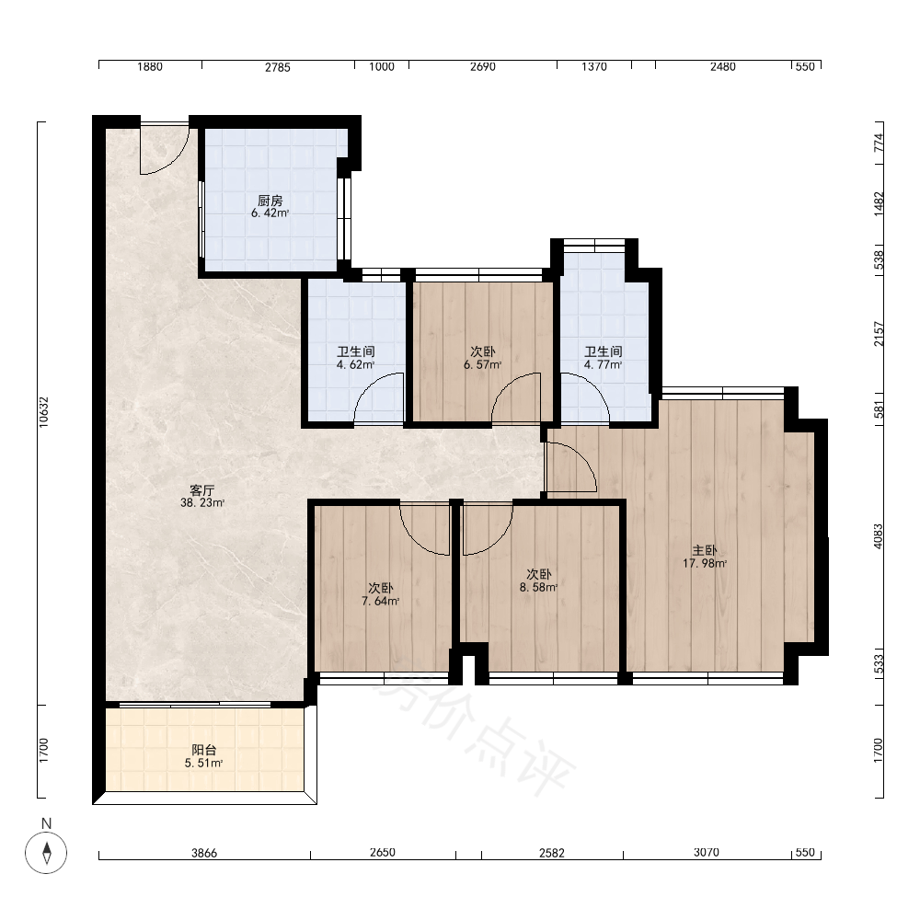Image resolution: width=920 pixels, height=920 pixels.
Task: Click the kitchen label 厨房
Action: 270,201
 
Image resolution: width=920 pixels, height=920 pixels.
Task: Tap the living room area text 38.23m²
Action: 202,503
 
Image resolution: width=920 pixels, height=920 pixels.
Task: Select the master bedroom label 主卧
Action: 704,550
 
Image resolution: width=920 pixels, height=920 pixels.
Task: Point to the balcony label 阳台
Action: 204,750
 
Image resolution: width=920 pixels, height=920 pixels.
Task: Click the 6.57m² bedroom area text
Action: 483,365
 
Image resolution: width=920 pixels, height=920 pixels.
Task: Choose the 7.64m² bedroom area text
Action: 381,602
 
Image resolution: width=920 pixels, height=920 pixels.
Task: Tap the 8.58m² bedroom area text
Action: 538,587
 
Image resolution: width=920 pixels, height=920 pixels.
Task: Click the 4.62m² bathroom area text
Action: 355,365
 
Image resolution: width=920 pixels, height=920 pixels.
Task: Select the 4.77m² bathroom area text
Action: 604,365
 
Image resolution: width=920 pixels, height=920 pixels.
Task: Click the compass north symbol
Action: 46,852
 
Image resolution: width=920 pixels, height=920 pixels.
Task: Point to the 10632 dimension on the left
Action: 44,412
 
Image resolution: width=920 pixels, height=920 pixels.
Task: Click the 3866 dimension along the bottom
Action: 204,853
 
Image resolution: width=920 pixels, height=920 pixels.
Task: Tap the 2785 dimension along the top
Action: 278,67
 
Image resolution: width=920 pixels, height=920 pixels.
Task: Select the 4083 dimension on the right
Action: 879,536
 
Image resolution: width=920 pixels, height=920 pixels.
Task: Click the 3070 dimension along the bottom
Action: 707,852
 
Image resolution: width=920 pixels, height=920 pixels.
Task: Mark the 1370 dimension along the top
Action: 594,67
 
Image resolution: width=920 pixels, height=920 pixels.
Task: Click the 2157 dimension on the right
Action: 879,334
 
